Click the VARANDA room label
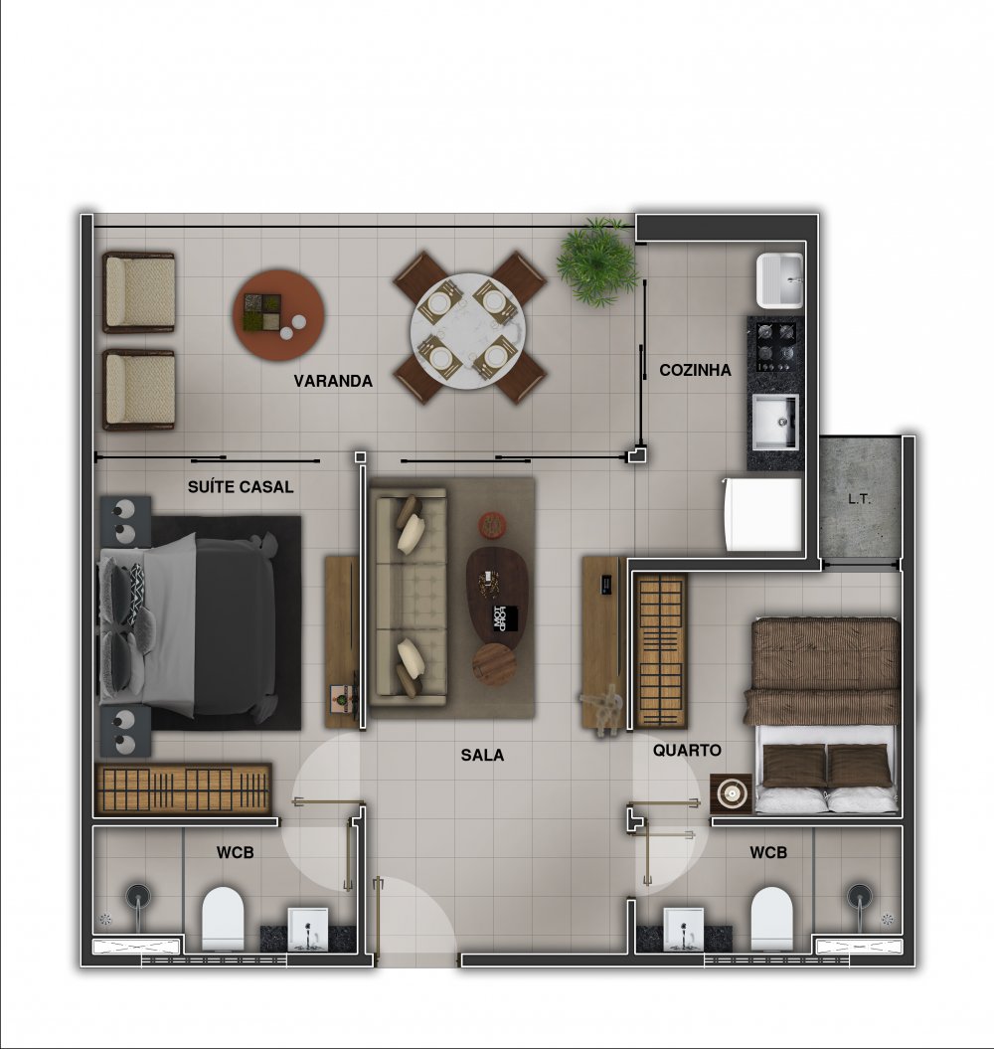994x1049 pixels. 332,381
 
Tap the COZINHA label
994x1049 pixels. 695,370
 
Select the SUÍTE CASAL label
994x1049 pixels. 241,486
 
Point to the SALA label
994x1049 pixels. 482,755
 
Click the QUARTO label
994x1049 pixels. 687,750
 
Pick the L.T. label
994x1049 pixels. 859,498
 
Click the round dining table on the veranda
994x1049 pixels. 467,329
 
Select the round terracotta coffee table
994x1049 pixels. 278,314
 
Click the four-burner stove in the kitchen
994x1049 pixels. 775,346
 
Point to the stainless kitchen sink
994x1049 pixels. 775,422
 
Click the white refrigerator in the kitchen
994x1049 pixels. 761,514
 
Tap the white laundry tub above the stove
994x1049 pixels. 779,279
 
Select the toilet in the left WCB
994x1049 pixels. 223,919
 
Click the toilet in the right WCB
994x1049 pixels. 771,919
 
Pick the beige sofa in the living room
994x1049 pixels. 409,597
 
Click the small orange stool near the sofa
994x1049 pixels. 493,525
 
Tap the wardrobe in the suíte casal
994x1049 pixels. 183,788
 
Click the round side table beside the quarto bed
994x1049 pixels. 732,793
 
